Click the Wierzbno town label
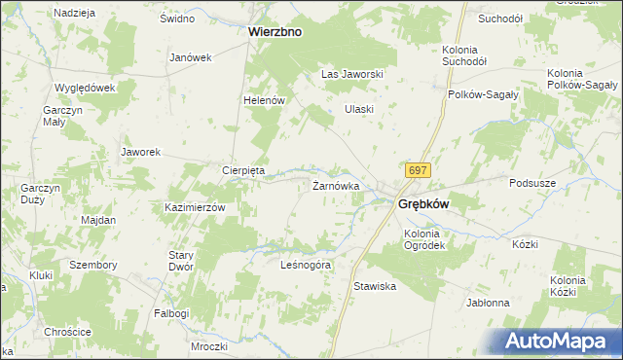point(275,31)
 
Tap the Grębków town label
point(423,204)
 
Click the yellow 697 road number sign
point(418,170)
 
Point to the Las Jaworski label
point(355,74)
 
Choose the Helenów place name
point(263,100)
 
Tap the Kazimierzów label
point(195,208)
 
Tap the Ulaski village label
point(359,109)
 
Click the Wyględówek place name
point(86,87)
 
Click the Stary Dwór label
point(182,261)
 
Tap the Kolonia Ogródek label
point(424,239)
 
